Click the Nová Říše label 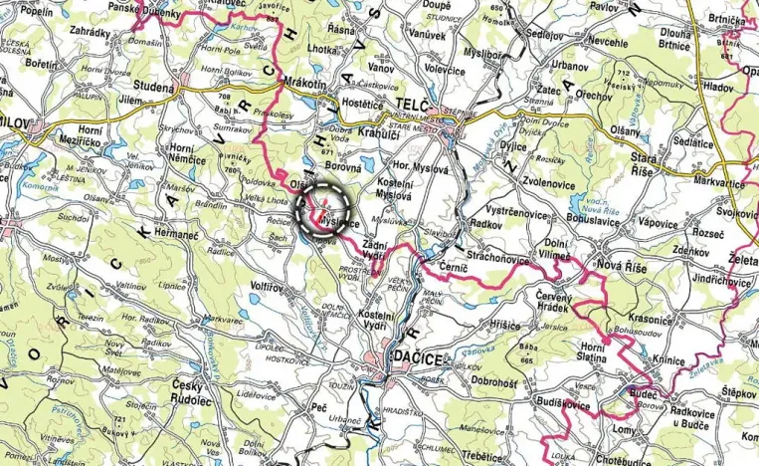[x=623, y=267]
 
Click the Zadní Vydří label [x=373, y=250]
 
